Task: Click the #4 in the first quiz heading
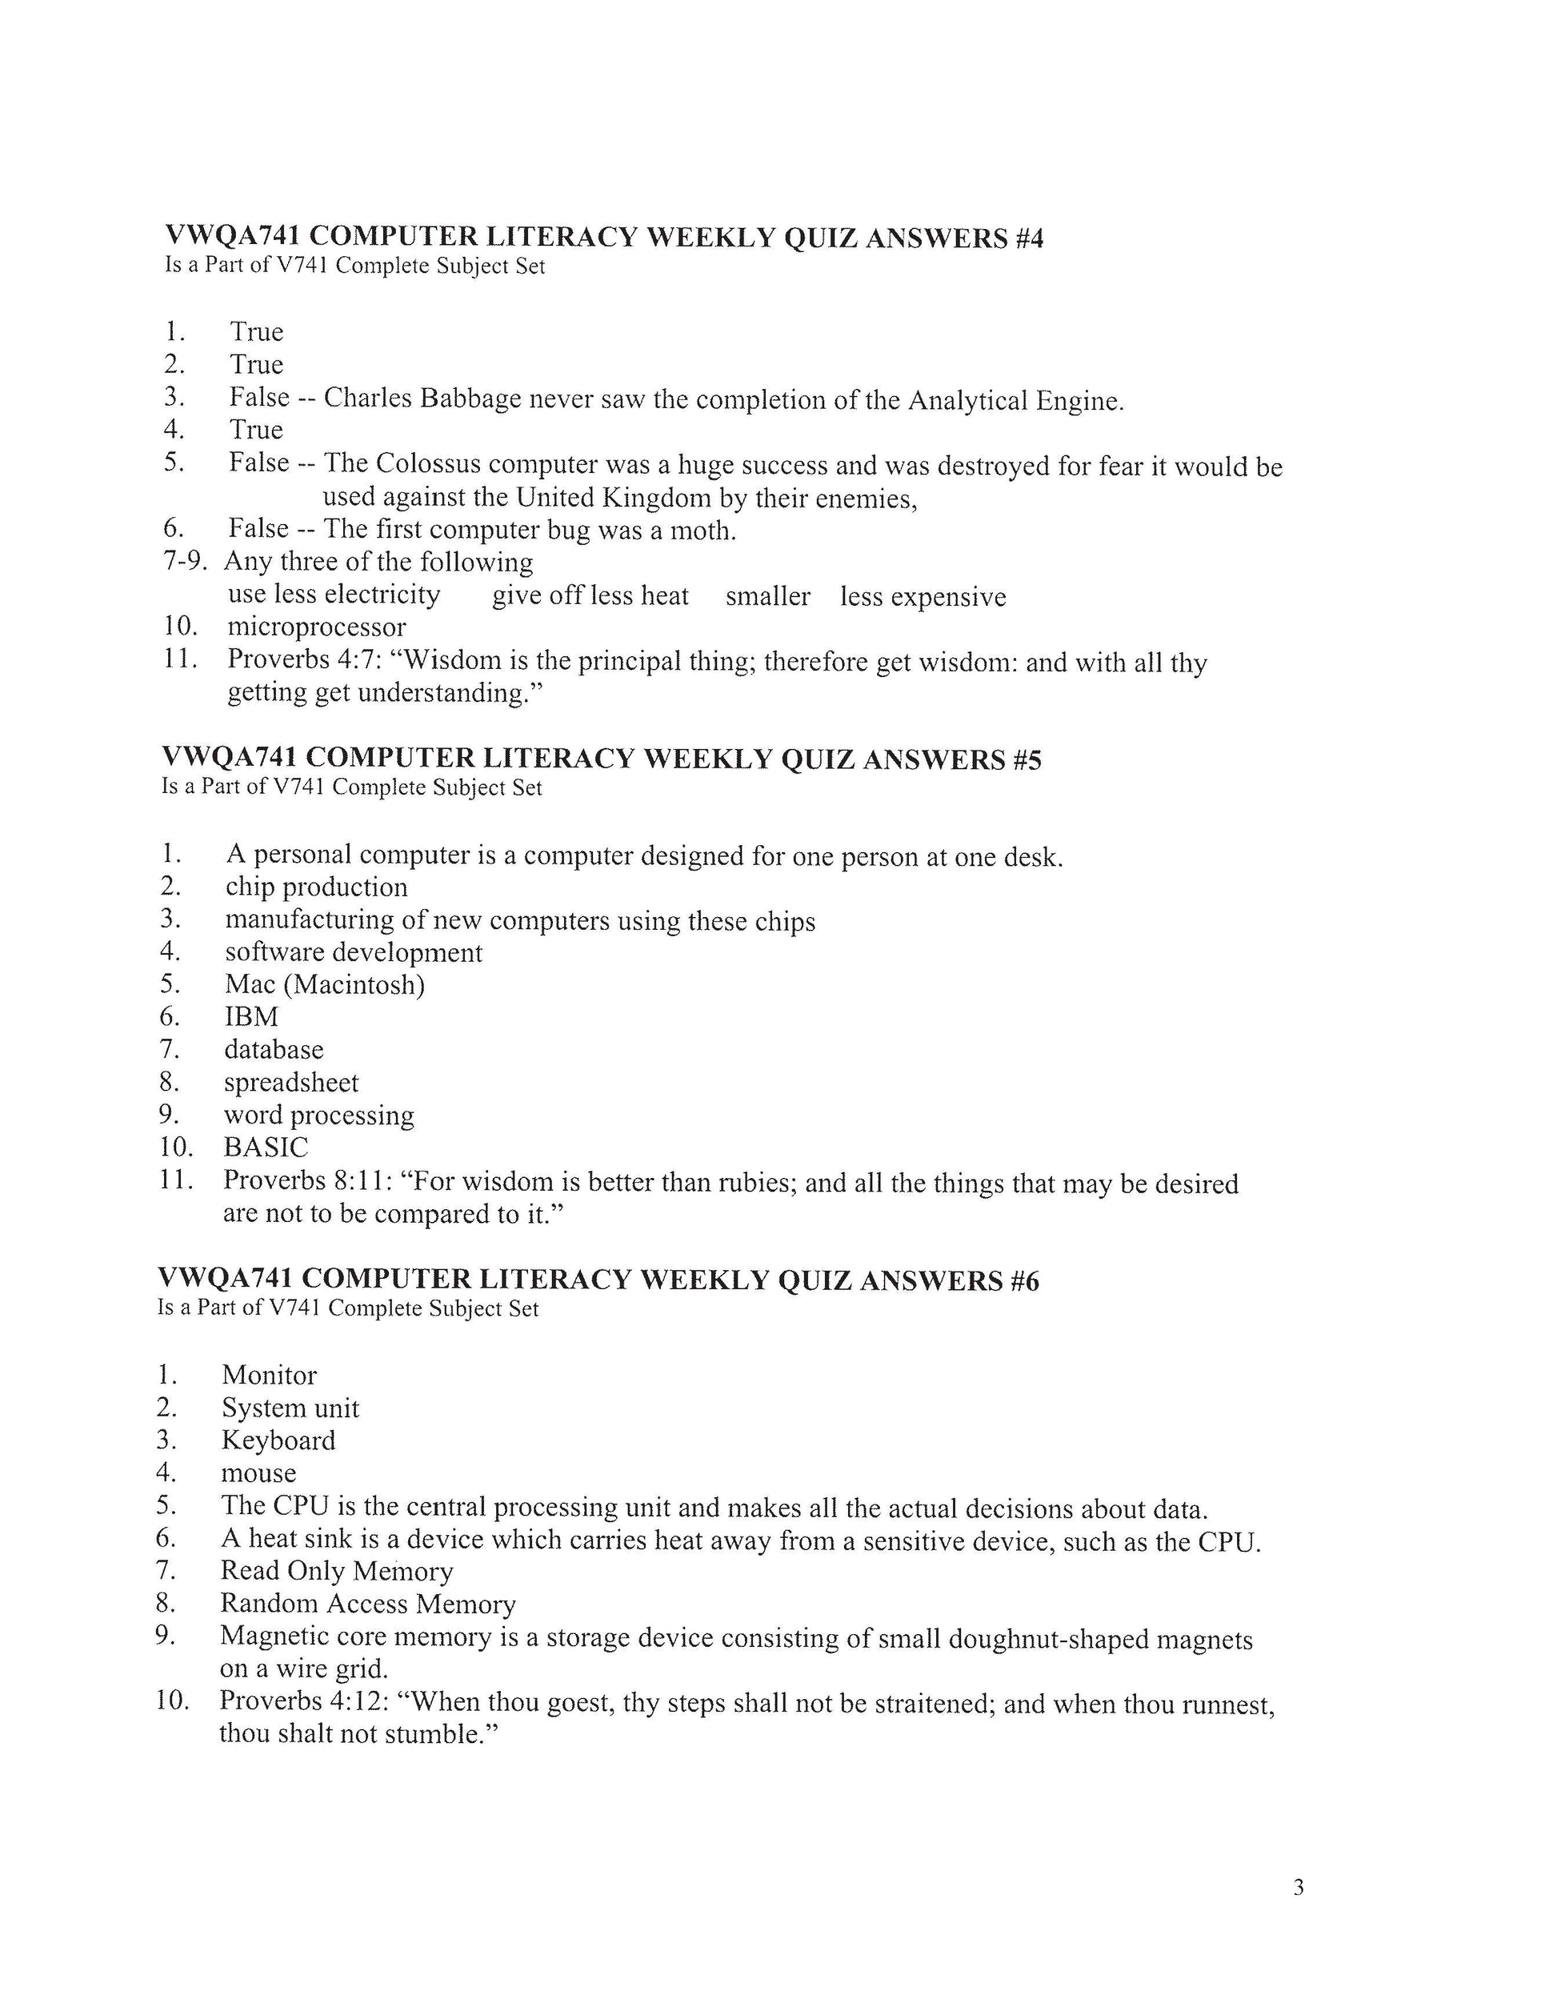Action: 1028,239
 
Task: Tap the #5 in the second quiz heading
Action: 1027,760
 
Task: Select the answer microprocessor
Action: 316,627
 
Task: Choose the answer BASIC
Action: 266,1148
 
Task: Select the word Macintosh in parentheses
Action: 355,985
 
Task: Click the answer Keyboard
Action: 278,1441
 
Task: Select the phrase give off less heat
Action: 590,596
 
